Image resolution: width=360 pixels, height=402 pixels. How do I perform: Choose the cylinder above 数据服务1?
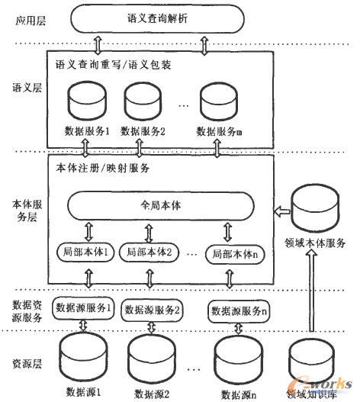(x=88, y=99)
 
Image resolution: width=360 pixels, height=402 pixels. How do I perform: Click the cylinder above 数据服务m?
(x=221, y=99)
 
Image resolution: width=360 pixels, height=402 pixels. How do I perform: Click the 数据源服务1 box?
(x=83, y=309)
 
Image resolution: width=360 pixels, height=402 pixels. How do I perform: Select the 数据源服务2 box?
(x=152, y=309)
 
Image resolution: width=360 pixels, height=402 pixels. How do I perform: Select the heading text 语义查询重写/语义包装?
(x=114, y=65)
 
